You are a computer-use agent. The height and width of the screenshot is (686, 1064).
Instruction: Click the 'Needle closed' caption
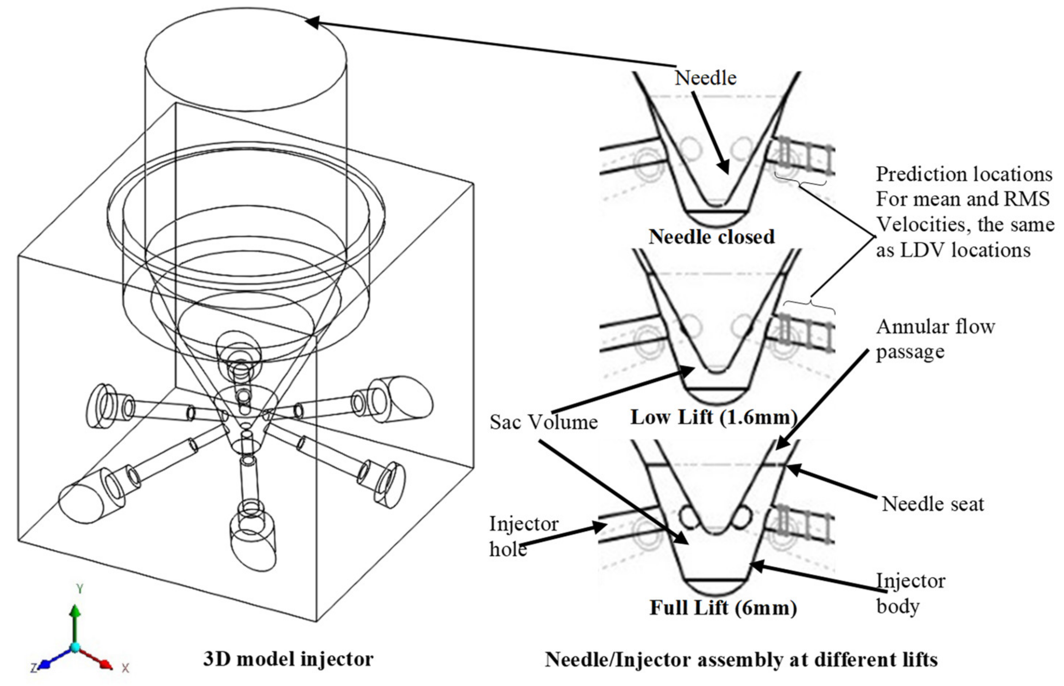point(711,237)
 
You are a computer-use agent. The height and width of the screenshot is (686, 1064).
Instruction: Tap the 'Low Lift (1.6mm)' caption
point(713,417)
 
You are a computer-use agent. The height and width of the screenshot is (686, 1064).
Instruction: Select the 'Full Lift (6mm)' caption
point(723,608)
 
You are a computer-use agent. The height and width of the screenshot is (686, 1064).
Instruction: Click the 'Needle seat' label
point(933,504)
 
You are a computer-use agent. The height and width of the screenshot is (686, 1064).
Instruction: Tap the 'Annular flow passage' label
point(935,339)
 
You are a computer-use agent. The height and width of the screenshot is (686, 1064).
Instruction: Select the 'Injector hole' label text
point(523,536)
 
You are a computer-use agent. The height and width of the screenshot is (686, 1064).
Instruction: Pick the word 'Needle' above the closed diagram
point(705,78)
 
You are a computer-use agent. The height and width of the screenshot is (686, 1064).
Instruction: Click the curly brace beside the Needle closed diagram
point(800,182)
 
